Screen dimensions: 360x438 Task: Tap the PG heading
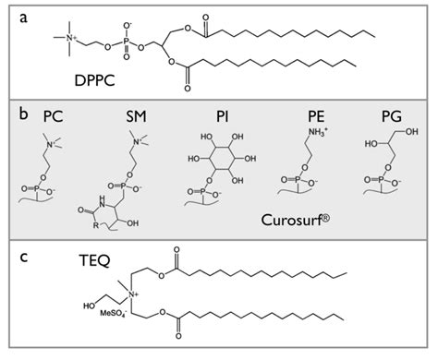tap(391, 118)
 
